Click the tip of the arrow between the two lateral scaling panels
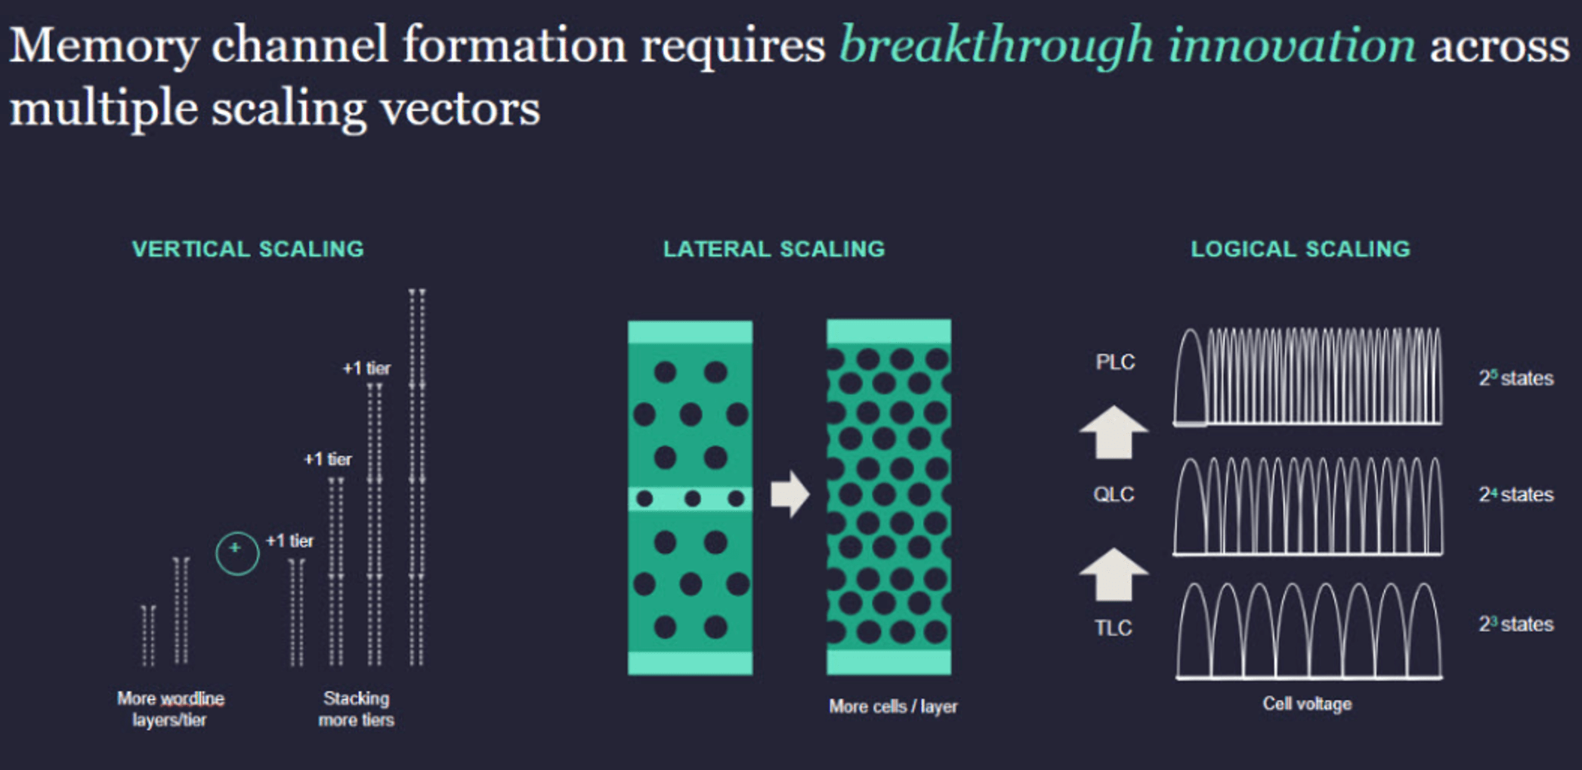[x=810, y=494]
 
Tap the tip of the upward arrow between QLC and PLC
[x=1114, y=406]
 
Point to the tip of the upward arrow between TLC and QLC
[x=1114, y=548]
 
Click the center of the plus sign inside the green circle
[x=236, y=548]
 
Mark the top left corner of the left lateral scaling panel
[x=628, y=322]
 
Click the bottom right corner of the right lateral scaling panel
[x=951, y=674]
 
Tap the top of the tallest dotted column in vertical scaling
[x=417, y=290]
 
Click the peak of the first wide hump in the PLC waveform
[x=1190, y=329]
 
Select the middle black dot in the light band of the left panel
[x=692, y=498]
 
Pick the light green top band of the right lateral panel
[x=889, y=332]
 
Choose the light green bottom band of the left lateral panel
[x=691, y=663]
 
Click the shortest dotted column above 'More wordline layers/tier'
[x=149, y=636]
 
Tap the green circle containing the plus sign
[x=237, y=553]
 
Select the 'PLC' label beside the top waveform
[x=1115, y=362]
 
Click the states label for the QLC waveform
[x=1516, y=494]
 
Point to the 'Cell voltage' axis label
[x=1307, y=704]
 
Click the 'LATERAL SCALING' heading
[x=774, y=249]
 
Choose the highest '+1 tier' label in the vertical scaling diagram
[x=366, y=368]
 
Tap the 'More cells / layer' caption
[x=893, y=707]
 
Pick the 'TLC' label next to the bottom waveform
[x=1113, y=628]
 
